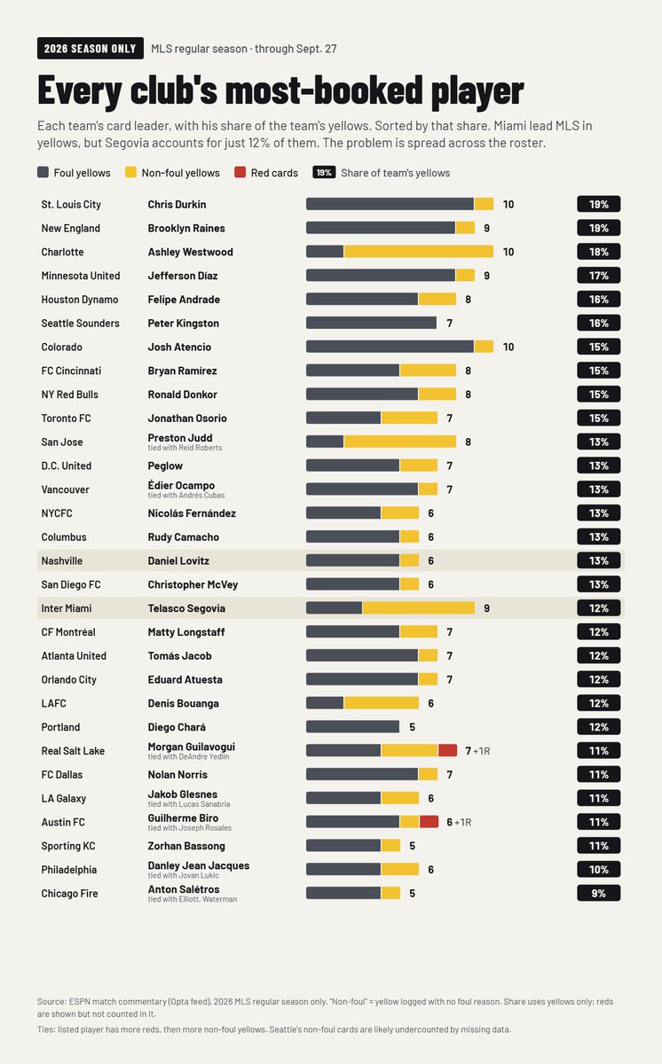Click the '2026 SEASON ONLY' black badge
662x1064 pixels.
tap(91, 49)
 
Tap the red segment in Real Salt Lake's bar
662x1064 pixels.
tap(447, 750)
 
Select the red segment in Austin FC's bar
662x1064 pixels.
tap(429, 822)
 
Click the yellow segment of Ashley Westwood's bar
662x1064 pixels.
tap(419, 252)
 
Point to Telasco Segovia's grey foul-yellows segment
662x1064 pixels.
tap(334, 608)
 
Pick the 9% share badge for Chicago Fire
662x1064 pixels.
tap(599, 893)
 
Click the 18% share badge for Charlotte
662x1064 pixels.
tap(599, 252)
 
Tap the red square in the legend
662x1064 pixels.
tap(240, 172)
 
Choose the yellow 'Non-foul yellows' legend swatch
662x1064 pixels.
tap(130, 172)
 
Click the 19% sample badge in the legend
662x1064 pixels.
tap(324, 172)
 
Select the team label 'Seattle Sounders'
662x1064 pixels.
tap(81, 323)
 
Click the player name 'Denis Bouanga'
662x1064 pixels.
tap(184, 703)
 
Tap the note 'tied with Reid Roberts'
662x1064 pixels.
tap(185, 448)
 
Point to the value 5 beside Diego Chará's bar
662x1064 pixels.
tap(412, 727)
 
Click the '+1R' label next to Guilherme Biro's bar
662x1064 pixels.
tap(463, 822)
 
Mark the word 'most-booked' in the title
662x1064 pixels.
tap(324, 90)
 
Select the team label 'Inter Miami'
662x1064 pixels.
tap(67, 608)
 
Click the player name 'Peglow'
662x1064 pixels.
tap(165, 466)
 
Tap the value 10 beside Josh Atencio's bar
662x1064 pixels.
tap(508, 347)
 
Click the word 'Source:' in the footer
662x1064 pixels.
tap(51, 1001)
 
